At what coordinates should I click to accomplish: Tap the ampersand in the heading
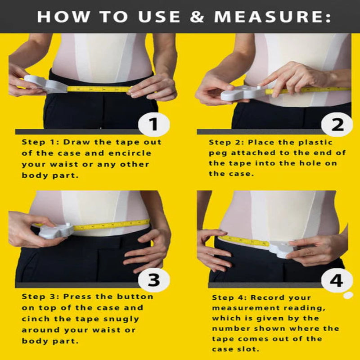tap(200, 17)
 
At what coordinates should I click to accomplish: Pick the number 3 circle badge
tap(154, 279)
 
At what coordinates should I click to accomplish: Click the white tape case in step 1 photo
tap(45, 84)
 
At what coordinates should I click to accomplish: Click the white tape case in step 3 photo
tap(57, 230)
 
